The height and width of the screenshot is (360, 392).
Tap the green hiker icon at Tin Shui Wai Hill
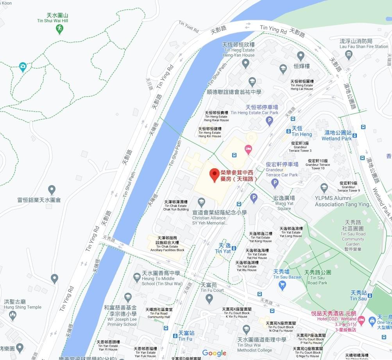(x=59, y=29)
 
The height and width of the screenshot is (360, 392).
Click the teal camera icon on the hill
(x=23, y=67)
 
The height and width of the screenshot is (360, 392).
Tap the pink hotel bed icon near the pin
(x=248, y=149)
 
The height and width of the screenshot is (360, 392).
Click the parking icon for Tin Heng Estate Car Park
(x=269, y=121)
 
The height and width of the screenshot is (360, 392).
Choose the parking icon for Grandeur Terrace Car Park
(x=275, y=183)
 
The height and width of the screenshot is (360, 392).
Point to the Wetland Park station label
(x=337, y=135)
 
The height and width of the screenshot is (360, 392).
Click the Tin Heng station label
(x=301, y=131)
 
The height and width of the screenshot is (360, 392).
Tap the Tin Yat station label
(x=224, y=248)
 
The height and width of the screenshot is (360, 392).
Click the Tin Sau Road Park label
(x=317, y=277)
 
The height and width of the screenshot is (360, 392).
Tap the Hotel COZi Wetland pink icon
(x=361, y=320)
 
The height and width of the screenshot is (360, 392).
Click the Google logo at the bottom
(x=214, y=353)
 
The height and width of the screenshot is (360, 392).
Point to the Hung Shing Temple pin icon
(x=13, y=315)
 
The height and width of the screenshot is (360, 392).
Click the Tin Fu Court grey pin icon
(x=209, y=299)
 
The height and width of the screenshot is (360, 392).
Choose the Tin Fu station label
(x=186, y=336)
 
